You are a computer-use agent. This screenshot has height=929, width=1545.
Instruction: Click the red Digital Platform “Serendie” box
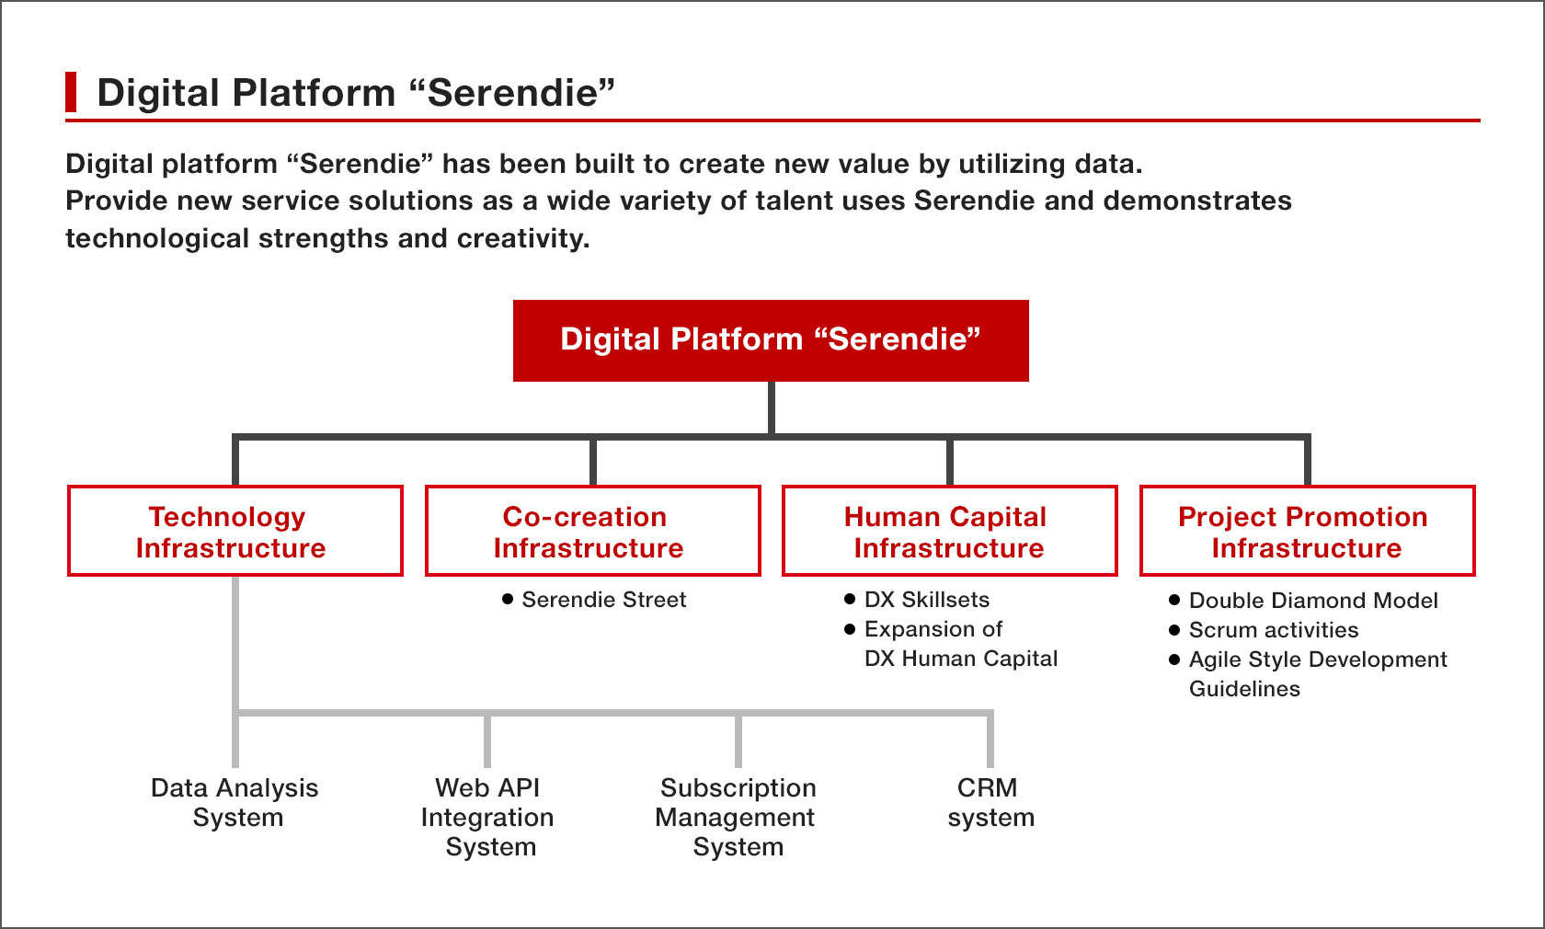coord(771,340)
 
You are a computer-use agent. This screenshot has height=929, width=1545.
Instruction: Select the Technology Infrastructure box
coord(235,531)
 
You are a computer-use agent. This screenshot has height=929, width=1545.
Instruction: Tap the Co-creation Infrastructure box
coord(592,531)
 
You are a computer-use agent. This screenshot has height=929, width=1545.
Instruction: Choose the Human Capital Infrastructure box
coord(950,531)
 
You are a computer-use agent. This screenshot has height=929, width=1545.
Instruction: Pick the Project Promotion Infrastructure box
coord(1307,531)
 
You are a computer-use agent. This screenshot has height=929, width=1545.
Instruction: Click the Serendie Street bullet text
coord(603,600)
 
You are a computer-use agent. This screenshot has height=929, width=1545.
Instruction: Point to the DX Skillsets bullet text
coord(927,600)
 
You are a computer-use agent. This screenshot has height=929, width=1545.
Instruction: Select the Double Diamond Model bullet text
coord(1313,601)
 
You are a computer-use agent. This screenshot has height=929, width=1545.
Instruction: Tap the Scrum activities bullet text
coord(1273,630)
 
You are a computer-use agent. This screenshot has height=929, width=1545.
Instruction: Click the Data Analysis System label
coord(235,803)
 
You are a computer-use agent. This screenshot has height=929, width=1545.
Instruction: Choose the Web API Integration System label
coord(487,818)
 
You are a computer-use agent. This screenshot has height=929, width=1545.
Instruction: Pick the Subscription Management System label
coord(737,818)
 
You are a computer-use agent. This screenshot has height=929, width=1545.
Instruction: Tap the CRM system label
coord(990,803)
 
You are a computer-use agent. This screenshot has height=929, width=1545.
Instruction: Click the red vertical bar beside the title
coord(70,92)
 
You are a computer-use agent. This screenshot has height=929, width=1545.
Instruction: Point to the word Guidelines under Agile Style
coord(1244,689)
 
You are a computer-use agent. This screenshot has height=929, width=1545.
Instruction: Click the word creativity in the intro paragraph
coord(522,238)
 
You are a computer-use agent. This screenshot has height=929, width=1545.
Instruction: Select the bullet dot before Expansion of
coord(850,629)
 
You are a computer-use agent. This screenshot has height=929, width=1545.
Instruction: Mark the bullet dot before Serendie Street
coord(508,600)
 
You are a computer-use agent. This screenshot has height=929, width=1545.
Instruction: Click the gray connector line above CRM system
coord(990,740)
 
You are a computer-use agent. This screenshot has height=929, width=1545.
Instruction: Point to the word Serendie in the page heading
coord(512,92)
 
